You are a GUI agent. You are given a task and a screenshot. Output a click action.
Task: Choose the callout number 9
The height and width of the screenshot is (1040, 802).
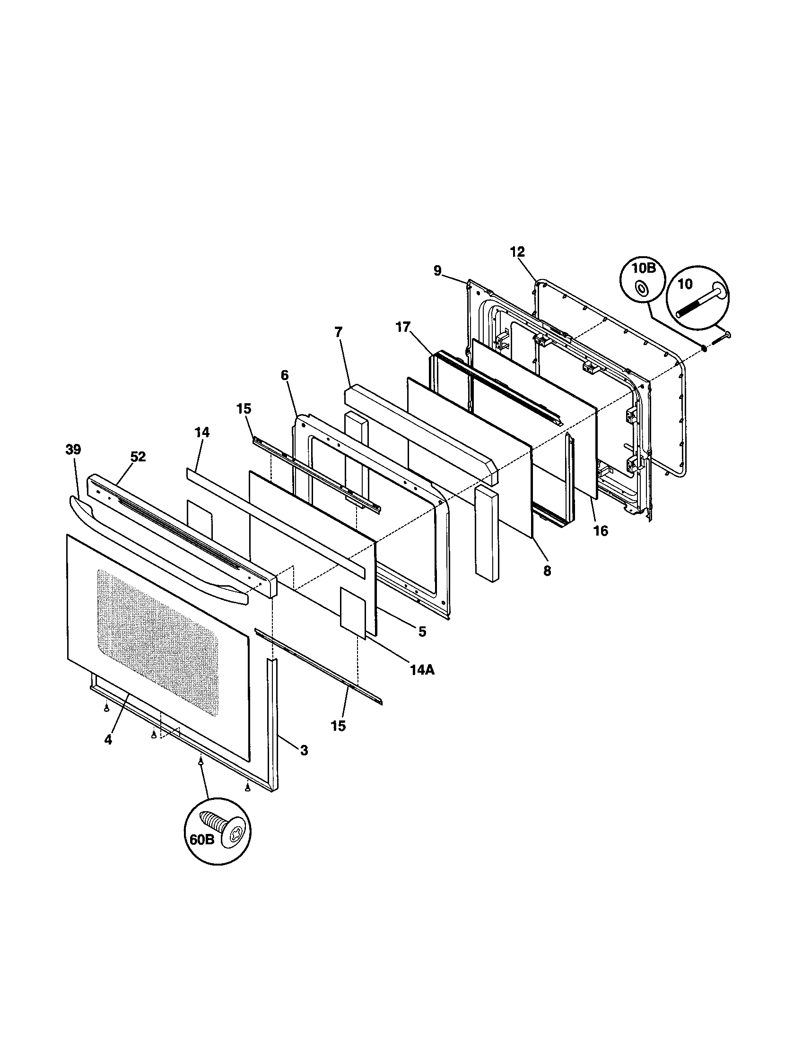[437, 271]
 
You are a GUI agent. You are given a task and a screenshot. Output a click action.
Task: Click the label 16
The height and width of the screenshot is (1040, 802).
[601, 530]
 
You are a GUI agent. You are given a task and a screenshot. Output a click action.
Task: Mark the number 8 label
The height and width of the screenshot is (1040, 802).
[547, 571]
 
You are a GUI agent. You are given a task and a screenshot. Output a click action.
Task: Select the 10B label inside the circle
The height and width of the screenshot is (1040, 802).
[644, 268]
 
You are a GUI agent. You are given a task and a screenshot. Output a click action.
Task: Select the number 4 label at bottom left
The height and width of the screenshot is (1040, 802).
[108, 739]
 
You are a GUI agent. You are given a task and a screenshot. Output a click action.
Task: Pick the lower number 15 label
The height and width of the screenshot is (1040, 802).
[338, 726]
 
